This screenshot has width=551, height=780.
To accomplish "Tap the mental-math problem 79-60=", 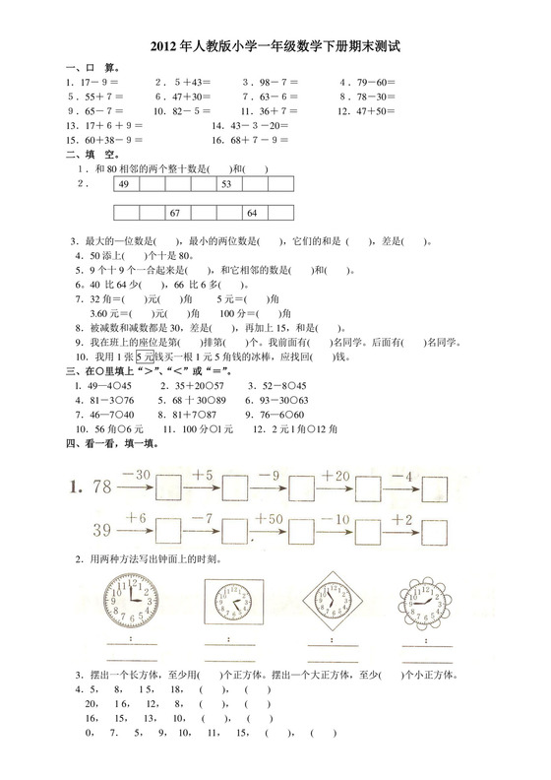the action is (368, 82).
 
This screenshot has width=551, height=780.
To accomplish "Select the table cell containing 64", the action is (252, 213).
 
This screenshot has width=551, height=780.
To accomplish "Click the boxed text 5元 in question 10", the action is (146, 356).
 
